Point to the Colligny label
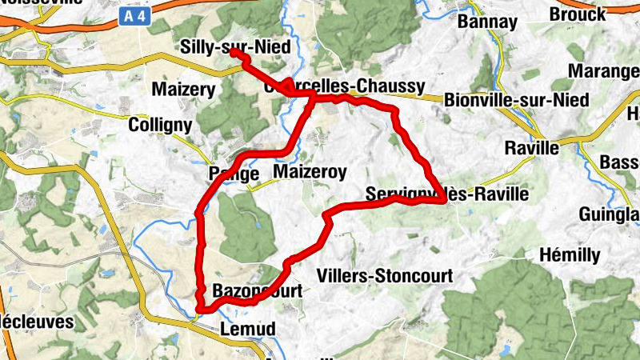[x=160, y=125]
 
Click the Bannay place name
[x=487, y=22]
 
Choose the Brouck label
[x=578, y=14]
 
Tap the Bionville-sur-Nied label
[x=516, y=100]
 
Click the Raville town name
[x=532, y=148]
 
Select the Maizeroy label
[x=310, y=172]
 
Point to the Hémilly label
[x=570, y=255]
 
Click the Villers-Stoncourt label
[x=385, y=275]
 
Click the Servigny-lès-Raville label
[x=447, y=193]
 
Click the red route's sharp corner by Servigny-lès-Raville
[x=443, y=202]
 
